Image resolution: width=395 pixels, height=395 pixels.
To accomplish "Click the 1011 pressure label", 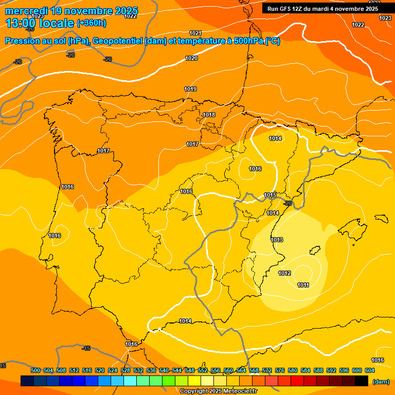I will [303, 285].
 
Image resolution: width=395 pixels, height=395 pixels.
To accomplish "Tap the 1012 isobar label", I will [284, 273].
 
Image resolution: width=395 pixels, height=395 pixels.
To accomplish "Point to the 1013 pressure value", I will [277, 240].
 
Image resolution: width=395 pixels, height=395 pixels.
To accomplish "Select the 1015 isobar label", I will [271, 195].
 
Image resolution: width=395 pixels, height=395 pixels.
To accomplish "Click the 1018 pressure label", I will [209, 115].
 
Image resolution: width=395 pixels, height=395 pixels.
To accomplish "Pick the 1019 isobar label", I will [190, 89].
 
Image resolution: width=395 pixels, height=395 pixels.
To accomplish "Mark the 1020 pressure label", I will [191, 58].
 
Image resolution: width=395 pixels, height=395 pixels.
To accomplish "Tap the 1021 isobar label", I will [195, 33].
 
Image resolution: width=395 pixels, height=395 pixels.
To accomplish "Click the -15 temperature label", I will [86, 348].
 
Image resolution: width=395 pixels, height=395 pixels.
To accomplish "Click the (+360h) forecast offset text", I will [91, 23].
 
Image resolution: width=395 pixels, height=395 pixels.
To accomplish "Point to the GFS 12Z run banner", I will [322, 8].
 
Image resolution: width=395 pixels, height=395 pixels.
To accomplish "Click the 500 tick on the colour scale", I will [35, 370].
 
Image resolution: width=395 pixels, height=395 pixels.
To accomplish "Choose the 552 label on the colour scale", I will [203, 370].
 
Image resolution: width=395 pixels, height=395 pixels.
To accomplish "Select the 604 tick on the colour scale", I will [369, 370].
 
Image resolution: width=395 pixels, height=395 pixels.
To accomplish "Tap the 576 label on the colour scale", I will [280, 370].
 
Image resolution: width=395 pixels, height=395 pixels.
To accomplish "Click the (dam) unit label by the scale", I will [381, 382].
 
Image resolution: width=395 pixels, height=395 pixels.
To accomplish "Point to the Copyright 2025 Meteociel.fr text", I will [218, 391].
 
